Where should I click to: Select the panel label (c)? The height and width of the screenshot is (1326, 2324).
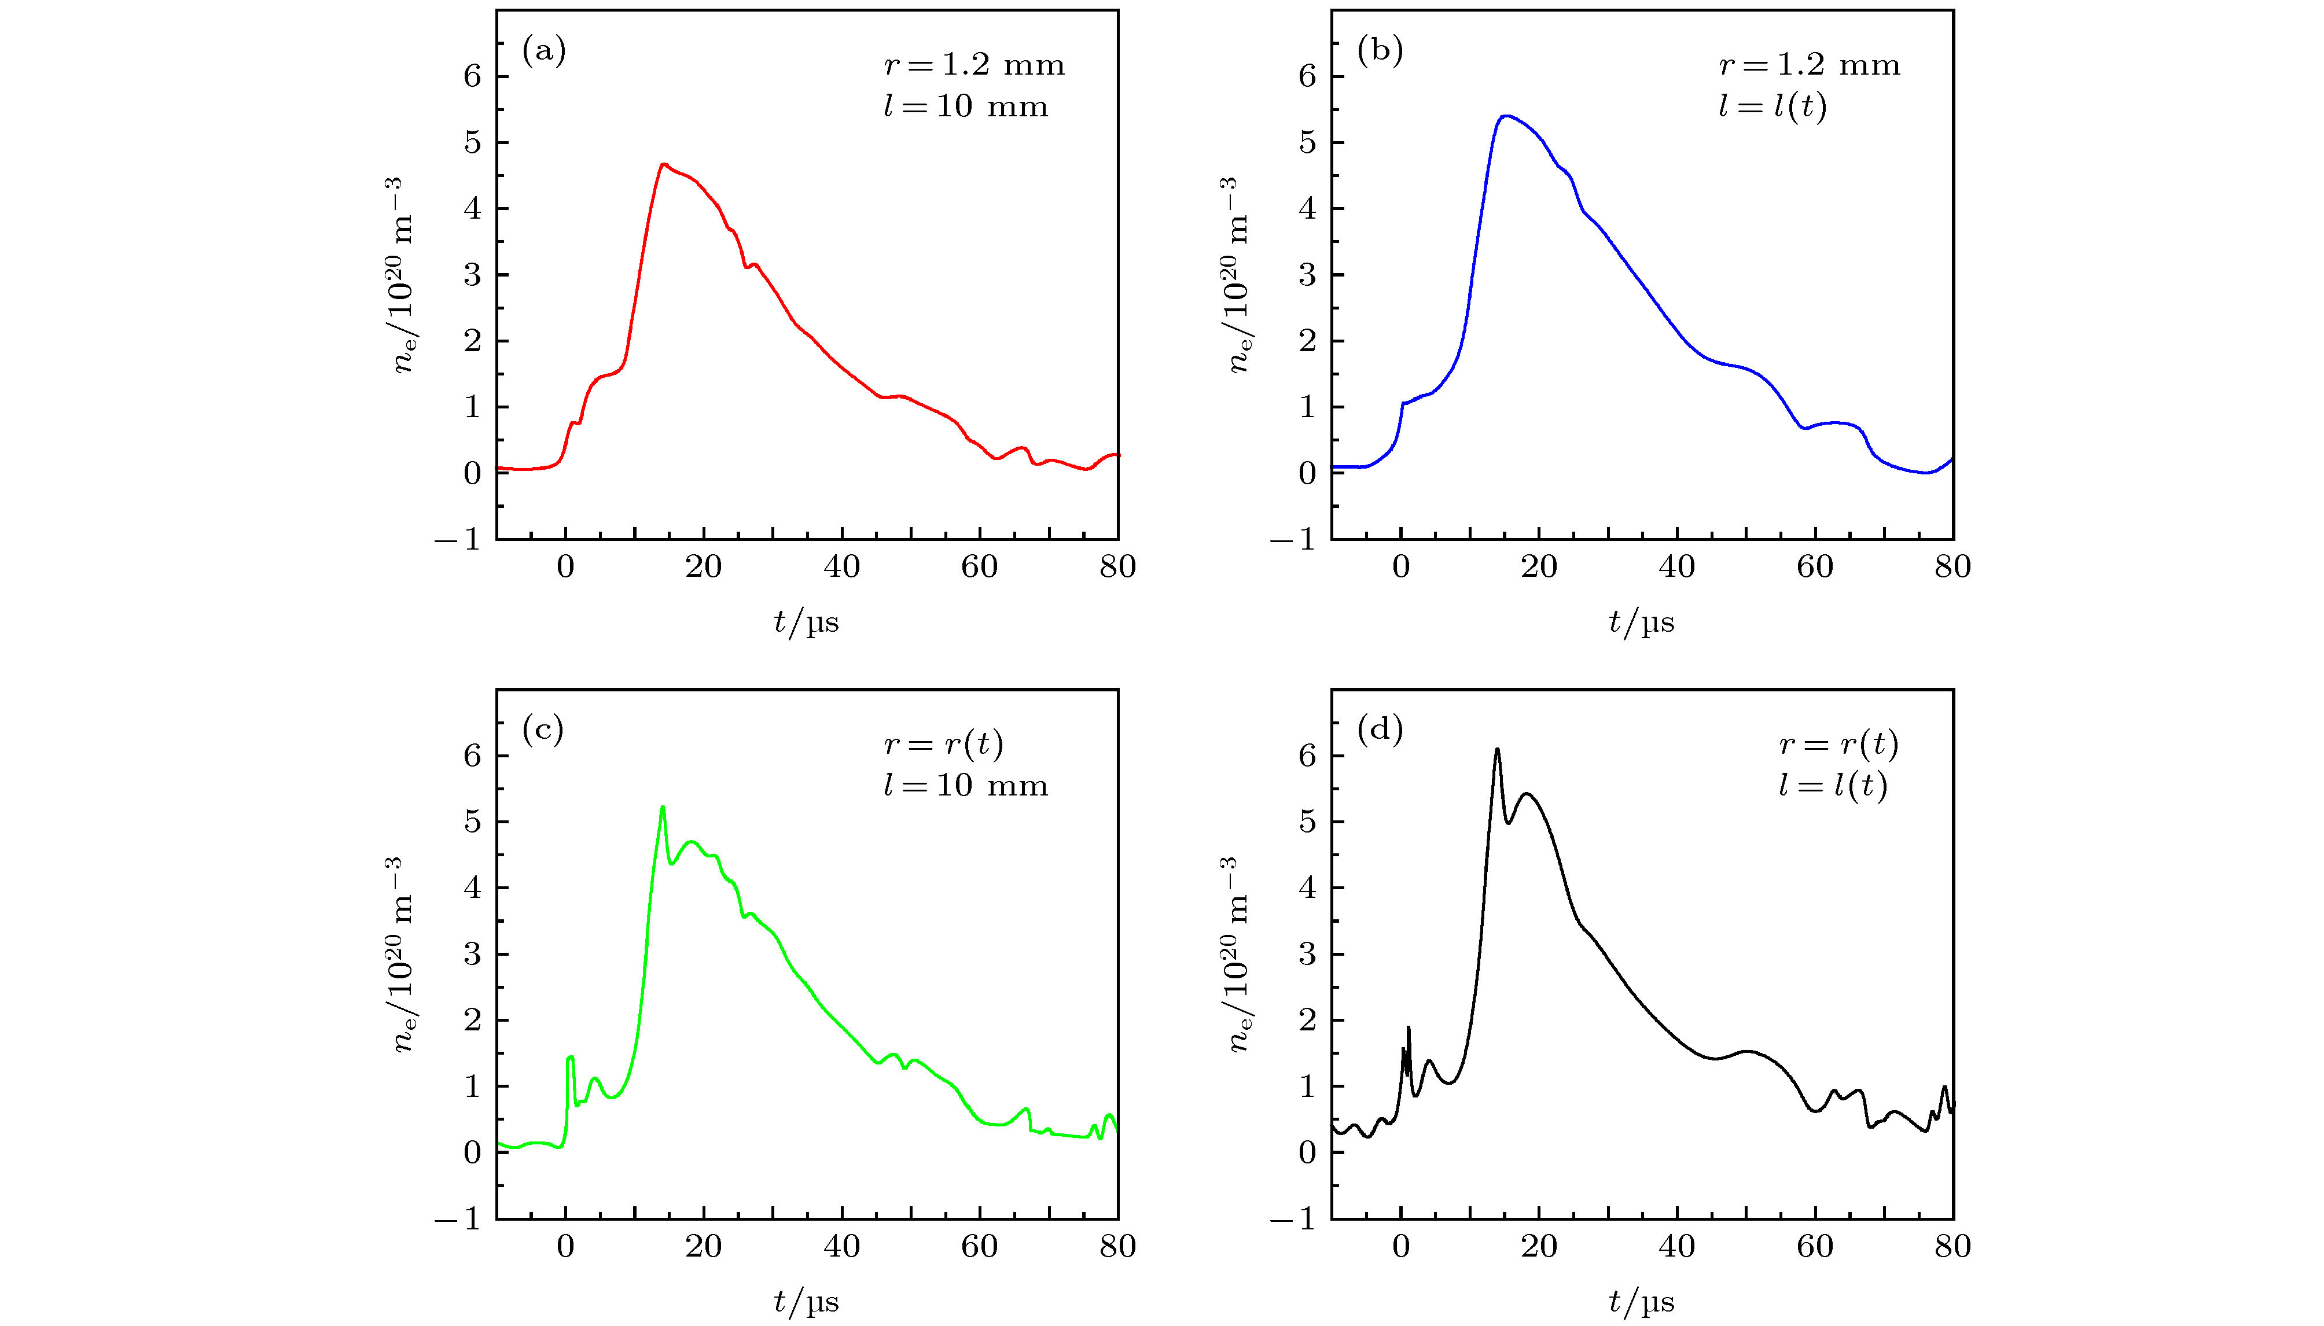[543, 730]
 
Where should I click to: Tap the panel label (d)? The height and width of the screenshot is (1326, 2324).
[1380, 730]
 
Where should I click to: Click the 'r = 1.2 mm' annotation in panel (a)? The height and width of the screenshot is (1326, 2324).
[973, 65]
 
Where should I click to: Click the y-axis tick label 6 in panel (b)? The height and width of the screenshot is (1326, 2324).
[1308, 76]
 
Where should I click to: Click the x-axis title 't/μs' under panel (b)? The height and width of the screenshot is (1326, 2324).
[1641, 622]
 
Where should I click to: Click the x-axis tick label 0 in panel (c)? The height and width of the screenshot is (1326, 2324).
[565, 1246]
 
